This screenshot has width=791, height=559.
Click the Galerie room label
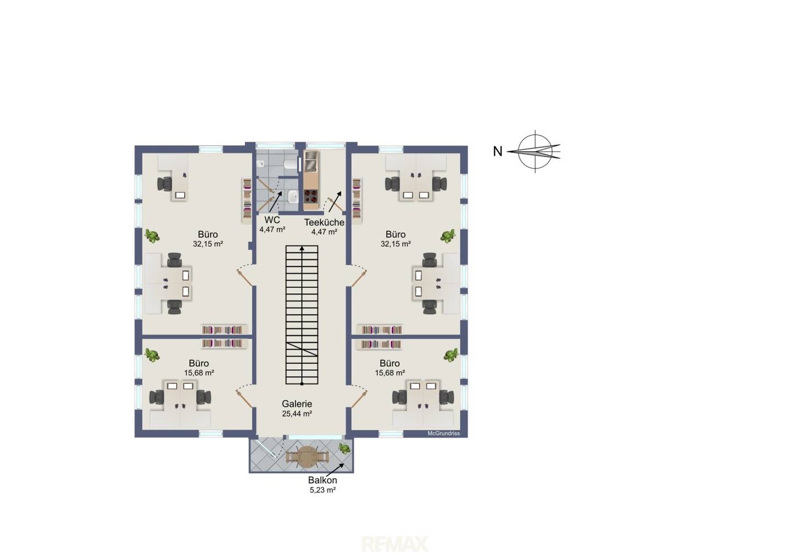tap(297, 403)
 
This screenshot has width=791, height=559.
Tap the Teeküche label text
tap(324, 222)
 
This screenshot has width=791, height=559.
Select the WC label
tap(272, 220)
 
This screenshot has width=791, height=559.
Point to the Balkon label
tap(322, 480)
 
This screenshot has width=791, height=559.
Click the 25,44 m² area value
tap(297, 413)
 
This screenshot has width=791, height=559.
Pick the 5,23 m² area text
tap(322, 490)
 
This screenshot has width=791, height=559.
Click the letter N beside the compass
tap(498, 152)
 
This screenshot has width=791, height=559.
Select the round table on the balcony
tap(307, 457)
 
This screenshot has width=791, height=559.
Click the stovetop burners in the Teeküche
tap(311, 196)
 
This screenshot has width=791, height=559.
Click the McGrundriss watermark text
tap(443, 433)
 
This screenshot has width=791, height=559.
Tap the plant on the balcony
tap(344, 449)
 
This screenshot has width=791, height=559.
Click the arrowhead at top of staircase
tap(302, 248)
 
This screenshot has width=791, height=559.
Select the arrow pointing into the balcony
tap(335, 469)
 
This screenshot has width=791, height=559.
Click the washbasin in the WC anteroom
tap(292, 197)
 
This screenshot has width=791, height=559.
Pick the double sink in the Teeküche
tap(311, 161)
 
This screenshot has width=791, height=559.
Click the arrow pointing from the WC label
tap(276, 202)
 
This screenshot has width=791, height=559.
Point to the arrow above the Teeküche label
tap(335, 202)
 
